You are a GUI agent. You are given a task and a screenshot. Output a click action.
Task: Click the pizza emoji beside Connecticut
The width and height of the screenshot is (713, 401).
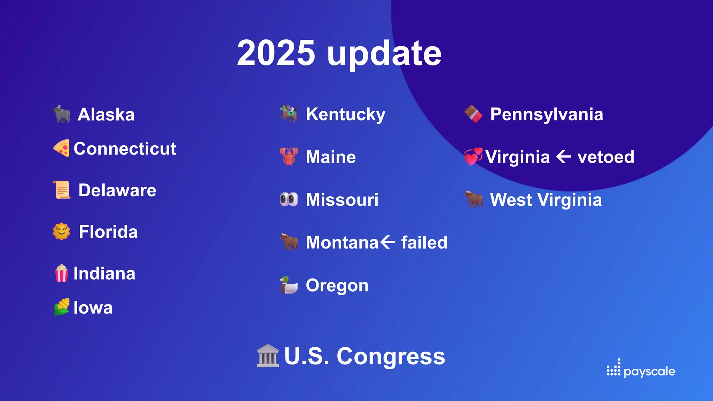click(62, 148)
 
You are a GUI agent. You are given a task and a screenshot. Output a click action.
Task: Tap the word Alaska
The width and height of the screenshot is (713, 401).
click(106, 115)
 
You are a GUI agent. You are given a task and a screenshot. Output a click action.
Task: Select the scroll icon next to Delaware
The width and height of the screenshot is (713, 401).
click(62, 190)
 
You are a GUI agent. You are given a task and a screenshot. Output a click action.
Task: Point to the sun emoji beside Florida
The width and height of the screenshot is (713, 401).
click(62, 231)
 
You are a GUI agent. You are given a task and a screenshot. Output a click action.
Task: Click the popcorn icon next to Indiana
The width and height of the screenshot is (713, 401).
click(62, 273)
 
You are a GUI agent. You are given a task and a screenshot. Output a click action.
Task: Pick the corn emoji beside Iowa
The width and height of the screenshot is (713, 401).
click(62, 307)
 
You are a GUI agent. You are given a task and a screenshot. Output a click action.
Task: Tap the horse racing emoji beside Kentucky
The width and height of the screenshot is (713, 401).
click(289, 114)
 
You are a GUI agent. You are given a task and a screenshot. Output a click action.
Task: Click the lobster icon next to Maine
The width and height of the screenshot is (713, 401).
click(289, 157)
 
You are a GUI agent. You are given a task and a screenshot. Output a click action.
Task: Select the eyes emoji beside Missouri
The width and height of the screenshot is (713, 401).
click(289, 199)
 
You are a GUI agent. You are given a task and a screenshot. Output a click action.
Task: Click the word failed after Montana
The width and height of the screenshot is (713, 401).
click(424, 242)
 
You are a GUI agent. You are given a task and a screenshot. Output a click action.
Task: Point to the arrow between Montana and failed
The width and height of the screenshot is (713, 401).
click(387, 242)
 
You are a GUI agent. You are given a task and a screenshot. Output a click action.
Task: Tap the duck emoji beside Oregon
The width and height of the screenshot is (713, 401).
click(289, 285)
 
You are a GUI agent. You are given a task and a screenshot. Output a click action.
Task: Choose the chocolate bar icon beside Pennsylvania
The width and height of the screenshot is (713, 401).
click(473, 114)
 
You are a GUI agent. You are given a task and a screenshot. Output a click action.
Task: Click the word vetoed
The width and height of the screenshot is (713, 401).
click(606, 157)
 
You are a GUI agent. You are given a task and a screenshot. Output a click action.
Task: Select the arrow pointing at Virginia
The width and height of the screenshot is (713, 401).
click(564, 157)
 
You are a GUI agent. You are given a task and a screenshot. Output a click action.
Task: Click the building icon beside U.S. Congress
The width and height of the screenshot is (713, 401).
click(268, 356)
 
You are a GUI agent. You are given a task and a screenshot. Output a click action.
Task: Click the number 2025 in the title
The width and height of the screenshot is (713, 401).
click(276, 53)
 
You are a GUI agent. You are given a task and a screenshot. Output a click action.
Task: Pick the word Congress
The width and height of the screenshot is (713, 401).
click(391, 356)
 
